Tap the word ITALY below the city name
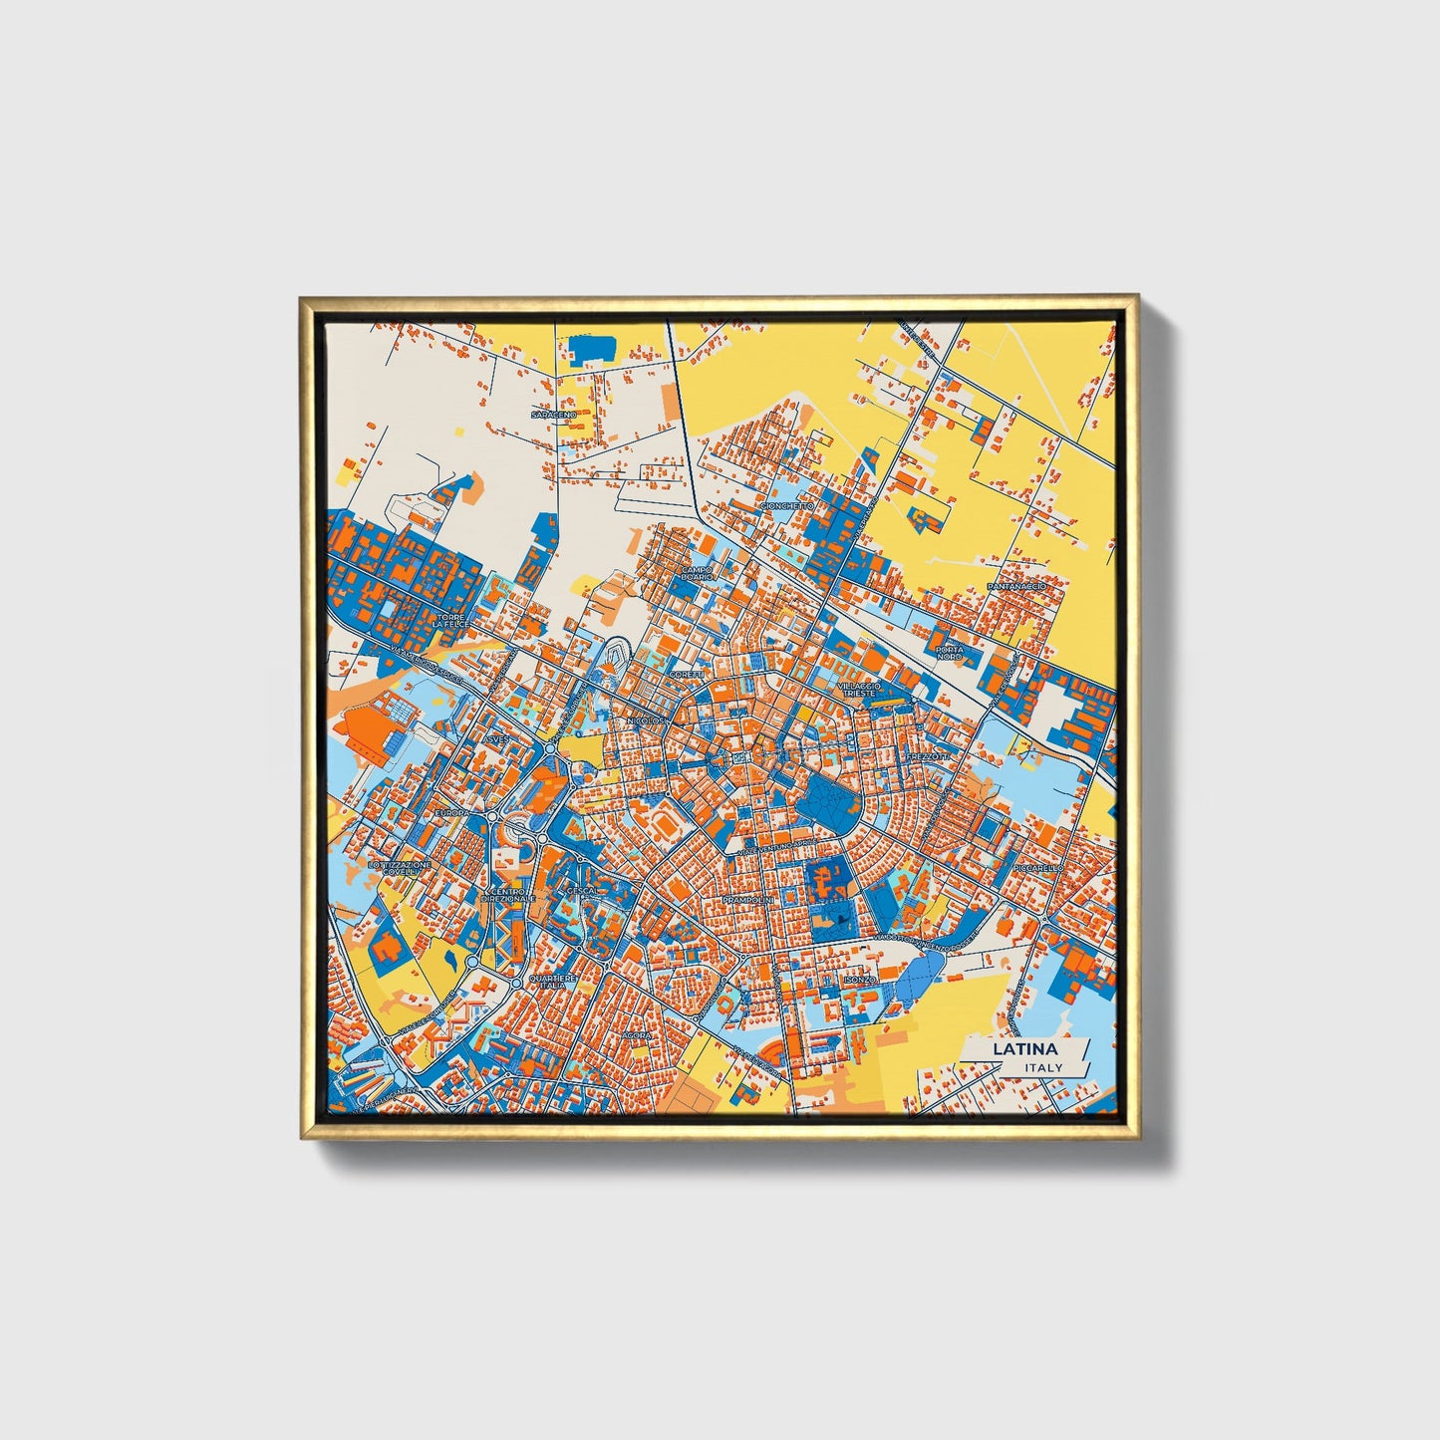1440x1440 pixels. tap(1042, 1067)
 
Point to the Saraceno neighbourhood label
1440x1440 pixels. tap(553, 414)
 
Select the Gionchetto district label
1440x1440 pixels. tap(786, 506)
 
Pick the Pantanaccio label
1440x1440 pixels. tap(1016, 587)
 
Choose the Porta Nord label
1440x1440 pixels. tap(949, 654)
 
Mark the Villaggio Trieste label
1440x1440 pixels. tap(859, 690)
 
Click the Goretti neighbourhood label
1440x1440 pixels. tap(686, 675)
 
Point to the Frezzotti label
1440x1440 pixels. tap(929, 757)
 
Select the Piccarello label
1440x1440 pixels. tap(1038, 868)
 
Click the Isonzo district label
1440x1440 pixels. tap(859, 980)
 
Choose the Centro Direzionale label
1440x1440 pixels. tap(508, 895)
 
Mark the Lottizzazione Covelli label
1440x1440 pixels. tap(400, 869)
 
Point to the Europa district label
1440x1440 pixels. tap(451, 813)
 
